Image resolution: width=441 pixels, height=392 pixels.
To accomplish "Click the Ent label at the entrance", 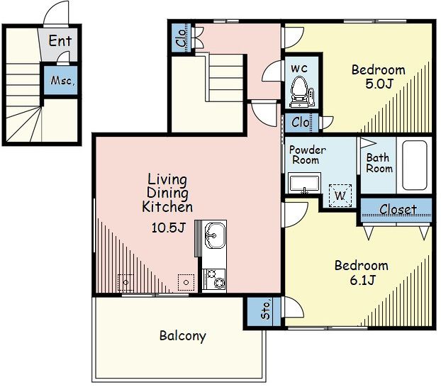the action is pyautogui.click(x=60, y=40).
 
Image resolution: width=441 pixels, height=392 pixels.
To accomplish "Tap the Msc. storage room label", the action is pyautogui.click(x=62, y=81).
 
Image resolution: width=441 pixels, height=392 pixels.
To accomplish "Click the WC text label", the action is pyautogui.click(x=299, y=68).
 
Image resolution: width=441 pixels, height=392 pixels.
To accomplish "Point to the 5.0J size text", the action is pyautogui.click(x=379, y=84).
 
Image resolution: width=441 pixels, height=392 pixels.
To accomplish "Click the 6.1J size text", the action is pyautogui.click(x=362, y=280).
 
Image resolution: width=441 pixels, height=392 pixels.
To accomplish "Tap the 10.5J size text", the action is pyautogui.click(x=169, y=228).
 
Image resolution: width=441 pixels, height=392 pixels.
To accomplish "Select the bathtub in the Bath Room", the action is pyautogui.click(x=415, y=165).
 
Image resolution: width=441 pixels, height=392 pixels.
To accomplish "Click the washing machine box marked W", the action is pyautogui.click(x=340, y=196).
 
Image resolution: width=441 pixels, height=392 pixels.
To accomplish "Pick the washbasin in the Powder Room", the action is pyautogui.click(x=305, y=184).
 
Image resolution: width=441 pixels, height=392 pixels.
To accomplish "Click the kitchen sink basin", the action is pyautogui.click(x=215, y=235).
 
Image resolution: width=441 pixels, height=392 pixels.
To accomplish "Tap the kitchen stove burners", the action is pyautogui.click(x=215, y=279).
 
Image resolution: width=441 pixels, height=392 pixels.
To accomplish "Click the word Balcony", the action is pyautogui.click(x=183, y=336).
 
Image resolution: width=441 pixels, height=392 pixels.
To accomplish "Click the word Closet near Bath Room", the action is pyautogui.click(x=398, y=210).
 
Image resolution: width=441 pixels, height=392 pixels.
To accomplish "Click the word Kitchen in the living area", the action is pyautogui.click(x=167, y=207).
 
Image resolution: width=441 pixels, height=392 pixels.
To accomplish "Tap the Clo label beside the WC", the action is pyautogui.click(x=301, y=123).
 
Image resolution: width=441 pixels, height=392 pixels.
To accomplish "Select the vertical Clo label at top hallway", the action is pyautogui.click(x=182, y=38).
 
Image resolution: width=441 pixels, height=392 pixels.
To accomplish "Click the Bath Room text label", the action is pyautogui.click(x=379, y=163).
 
